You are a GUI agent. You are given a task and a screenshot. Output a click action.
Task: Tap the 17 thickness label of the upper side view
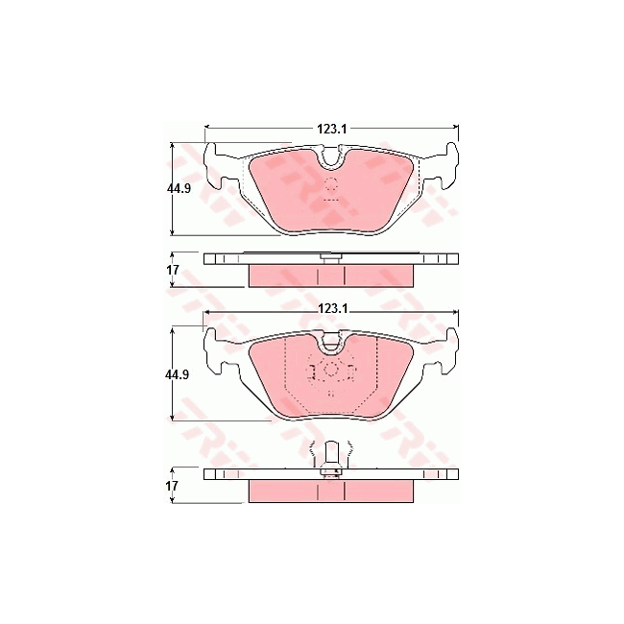172,270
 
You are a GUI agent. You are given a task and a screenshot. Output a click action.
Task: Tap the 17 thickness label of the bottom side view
172,486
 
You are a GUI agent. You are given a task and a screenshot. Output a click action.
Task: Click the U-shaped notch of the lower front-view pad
331,343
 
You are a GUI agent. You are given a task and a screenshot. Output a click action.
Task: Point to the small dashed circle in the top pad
331,184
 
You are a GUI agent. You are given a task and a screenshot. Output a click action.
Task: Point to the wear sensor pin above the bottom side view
331,454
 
